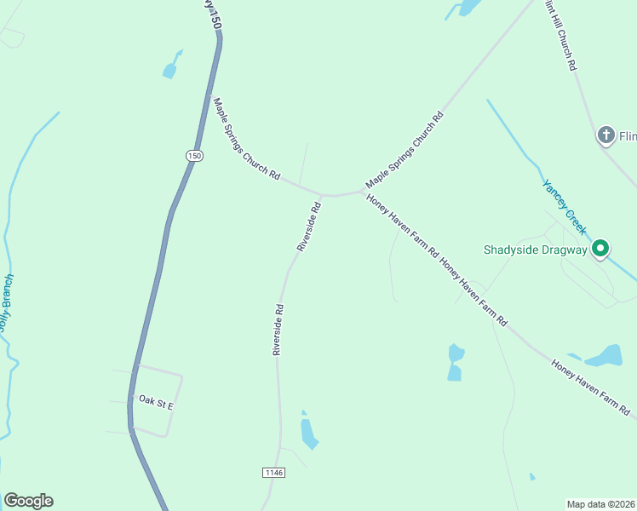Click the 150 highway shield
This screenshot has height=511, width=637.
tap(195, 155)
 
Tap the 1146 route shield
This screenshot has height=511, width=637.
tap(273, 472)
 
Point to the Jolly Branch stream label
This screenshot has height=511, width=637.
tap(7, 301)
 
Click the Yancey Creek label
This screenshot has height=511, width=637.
tap(565, 207)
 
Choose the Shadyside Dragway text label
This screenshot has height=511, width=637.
tap(536, 250)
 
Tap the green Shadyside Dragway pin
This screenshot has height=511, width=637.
tap(600, 249)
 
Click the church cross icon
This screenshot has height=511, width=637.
tap(605, 135)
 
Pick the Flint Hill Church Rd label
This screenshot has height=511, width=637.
tap(561, 35)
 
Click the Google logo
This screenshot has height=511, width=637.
tap(28, 501)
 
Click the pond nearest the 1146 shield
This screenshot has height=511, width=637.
tap(308, 430)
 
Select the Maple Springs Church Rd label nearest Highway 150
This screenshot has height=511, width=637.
tap(246, 138)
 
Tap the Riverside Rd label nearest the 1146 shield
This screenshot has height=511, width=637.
tap(278, 330)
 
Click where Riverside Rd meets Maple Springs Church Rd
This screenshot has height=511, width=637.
tap(324, 194)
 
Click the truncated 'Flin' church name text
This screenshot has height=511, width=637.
tap(628, 136)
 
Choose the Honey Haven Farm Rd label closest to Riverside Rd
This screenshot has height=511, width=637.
tap(402, 227)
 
